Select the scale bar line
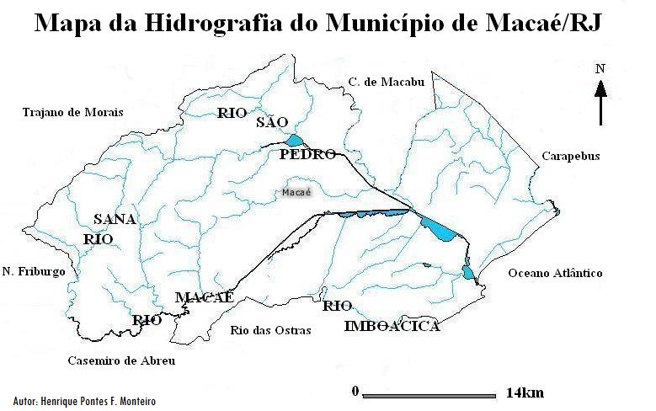pyautogui.click(x=429, y=393)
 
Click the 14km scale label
pyautogui.click(x=525, y=392)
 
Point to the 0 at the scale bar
pyautogui.click(x=355, y=391)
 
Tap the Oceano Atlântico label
pyautogui.click(x=555, y=273)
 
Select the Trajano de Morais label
pyautogui.click(x=72, y=112)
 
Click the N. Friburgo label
pyautogui.click(x=34, y=271)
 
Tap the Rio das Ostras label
pyautogui.click(x=270, y=330)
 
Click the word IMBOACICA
pyautogui.click(x=392, y=327)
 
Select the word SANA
pyautogui.click(x=115, y=219)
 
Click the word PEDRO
pyautogui.click(x=307, y=155)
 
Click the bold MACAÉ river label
pyautogui.click(x=204, y=297)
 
